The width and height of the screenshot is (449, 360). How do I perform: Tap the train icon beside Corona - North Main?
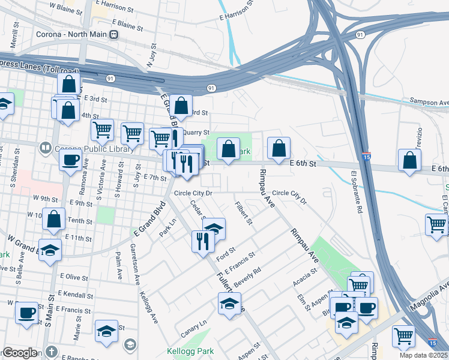[113, 35]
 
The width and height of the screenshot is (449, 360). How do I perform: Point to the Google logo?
[20, 353]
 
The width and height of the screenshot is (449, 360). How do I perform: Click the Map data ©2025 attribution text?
[424, 356]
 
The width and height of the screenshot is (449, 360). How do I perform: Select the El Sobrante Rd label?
[356, 194]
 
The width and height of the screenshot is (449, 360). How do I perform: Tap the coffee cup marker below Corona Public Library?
[70, 160]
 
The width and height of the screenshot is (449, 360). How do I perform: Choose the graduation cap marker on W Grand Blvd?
[50, 250]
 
